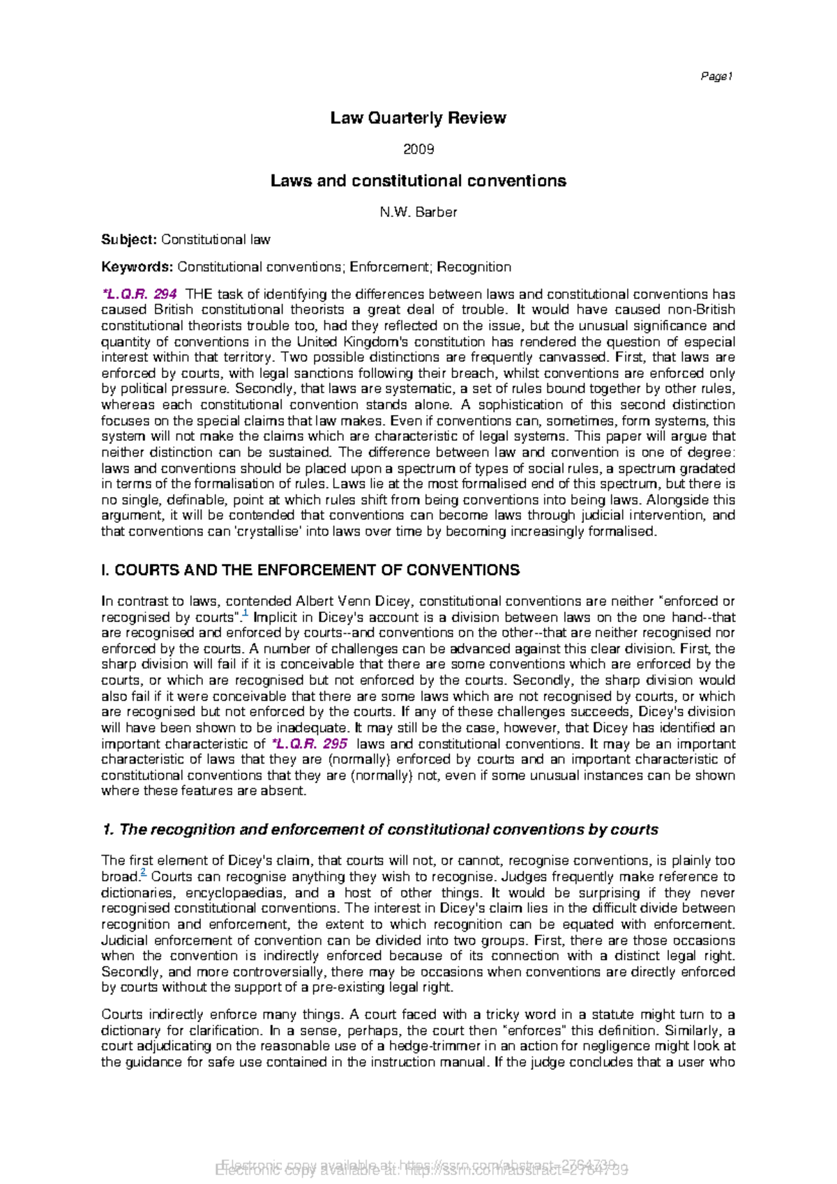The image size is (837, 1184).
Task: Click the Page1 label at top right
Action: (x=716, y=77)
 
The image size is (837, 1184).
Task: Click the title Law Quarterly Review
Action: (x=418, y=118)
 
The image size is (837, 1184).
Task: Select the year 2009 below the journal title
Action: (x=418, y=149)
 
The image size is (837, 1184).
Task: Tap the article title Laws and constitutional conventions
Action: (x=418, y=181)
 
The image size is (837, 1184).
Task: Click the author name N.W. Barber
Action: (x=418, y=212)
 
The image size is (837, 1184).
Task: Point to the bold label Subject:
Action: (x=129, y=240)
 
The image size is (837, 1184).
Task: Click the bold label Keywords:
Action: (x=137, y=267)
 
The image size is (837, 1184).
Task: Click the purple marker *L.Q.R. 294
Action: (x=139, y=294)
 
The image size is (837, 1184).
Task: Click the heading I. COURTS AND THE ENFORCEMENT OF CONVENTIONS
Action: (x=310, y=570)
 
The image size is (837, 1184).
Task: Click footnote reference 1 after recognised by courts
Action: (x=246, y=614)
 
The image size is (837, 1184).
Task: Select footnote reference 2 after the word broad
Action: (x=143, y=873)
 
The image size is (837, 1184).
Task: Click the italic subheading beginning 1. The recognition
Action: (x=380, y=830)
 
